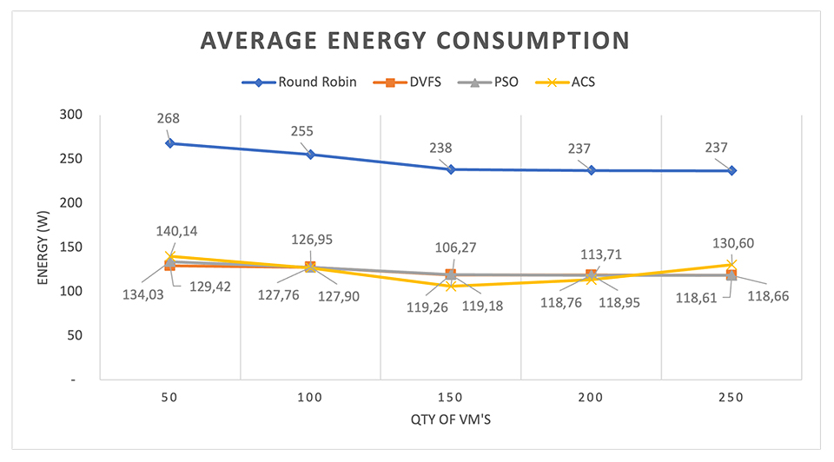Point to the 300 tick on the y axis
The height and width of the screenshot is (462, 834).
[76, 115]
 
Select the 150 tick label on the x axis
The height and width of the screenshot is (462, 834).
[450, 397]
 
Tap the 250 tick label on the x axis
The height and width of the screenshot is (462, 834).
[731, 397]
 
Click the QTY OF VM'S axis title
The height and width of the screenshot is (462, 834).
[416, 423]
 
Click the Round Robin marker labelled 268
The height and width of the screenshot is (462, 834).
[170, 143]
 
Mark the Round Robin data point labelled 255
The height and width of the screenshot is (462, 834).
[310, 155]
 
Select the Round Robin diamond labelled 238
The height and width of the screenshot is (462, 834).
[451, 169]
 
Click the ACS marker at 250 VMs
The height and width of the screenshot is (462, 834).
[731, 264]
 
